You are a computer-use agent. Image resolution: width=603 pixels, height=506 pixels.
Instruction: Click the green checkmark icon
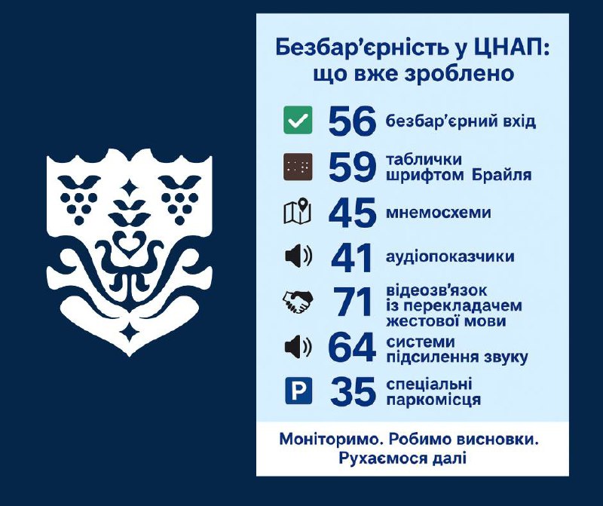[x=298, y=121]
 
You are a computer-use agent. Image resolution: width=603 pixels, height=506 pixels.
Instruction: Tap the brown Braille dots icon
[x=298, y=167]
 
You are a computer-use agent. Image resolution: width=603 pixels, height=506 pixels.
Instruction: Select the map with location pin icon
[x=297, y=211]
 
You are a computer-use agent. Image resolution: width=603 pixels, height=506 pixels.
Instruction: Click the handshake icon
[x=298, y=302]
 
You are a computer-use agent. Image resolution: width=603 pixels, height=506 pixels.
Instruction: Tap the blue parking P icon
[x=298, y=391]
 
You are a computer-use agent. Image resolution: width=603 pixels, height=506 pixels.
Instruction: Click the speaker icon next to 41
[x=298, y=256]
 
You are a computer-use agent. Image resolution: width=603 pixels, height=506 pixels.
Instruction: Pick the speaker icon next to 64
[x=298, y=347]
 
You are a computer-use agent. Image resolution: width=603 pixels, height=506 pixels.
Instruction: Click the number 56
[x=352, y=121]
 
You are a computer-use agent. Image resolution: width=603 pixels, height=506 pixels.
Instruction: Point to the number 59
[x=352, y=167]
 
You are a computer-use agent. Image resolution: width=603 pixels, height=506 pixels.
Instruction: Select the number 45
[x=352, y=212]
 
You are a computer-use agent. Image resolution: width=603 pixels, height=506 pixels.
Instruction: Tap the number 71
[x=352, y=302]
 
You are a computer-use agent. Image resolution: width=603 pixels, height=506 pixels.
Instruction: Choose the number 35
[x=353, y=391]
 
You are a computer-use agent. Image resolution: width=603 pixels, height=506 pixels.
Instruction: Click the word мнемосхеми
[x=439, y=213]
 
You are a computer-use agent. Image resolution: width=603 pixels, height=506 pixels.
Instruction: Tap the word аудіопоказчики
[x=450, y=256]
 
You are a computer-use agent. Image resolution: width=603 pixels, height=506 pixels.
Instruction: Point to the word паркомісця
[x=433, y=400]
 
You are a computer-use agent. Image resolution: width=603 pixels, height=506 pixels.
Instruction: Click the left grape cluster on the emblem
[x=78, y=200]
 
